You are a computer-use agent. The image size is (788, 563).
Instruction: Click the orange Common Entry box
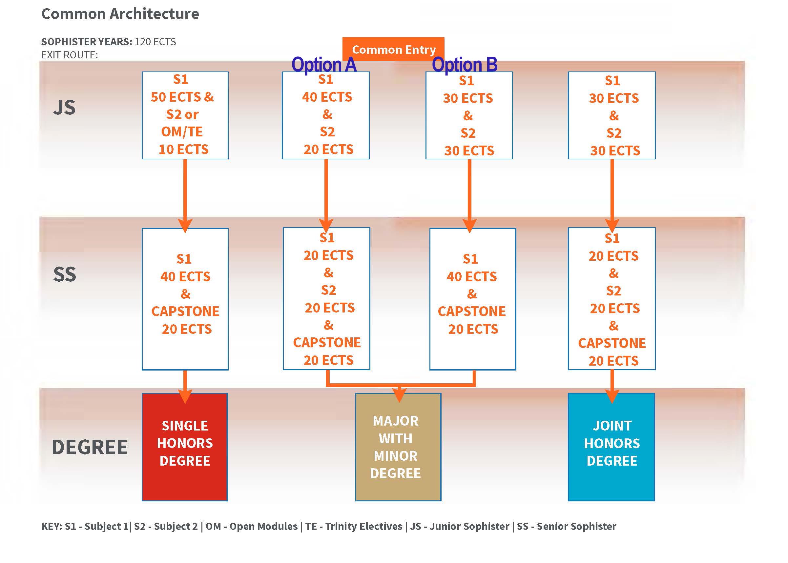click(393, 49)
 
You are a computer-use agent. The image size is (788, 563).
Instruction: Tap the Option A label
click(324, 65)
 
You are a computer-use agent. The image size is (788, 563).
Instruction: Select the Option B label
click(465, 65)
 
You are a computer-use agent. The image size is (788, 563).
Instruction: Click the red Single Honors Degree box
click(185, 447)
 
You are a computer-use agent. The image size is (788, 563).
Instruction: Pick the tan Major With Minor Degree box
click(398, 447)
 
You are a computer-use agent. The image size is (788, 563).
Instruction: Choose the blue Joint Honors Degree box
click(612, 447)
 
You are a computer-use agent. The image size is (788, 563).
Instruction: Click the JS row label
click(65, 108)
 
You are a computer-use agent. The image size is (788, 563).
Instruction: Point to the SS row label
click(65, 274)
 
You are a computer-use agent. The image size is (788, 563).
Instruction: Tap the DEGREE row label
click(90, 447)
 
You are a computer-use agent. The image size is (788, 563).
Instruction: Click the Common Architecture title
click(120, 14)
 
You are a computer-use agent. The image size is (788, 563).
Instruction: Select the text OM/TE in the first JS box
click(182, 132)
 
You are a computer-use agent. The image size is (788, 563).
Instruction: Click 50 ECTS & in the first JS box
click(182, 97)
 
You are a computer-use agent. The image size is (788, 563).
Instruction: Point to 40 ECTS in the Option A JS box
click(327, 97)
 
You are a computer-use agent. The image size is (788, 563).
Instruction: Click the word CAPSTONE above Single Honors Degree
click(185, 311)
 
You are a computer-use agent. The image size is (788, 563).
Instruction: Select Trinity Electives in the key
click(364, 526)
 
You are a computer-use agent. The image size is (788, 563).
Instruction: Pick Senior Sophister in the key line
click(576, 526)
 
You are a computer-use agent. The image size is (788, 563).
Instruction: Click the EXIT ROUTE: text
click(70, 55)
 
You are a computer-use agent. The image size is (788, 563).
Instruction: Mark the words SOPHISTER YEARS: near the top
click(87, 42)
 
